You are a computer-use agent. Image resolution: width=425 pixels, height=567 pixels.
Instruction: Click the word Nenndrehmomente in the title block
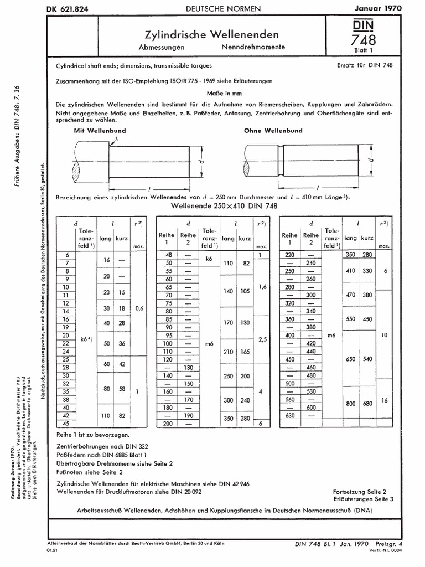click(x=253, y=47)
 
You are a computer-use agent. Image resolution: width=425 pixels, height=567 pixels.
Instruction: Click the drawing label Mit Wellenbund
click(x=100, y=130)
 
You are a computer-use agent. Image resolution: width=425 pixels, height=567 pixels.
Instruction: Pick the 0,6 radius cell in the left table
click(x=139, y=308)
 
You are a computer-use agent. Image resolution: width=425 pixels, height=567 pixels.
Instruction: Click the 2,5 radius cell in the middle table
click(x=263, y=337)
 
